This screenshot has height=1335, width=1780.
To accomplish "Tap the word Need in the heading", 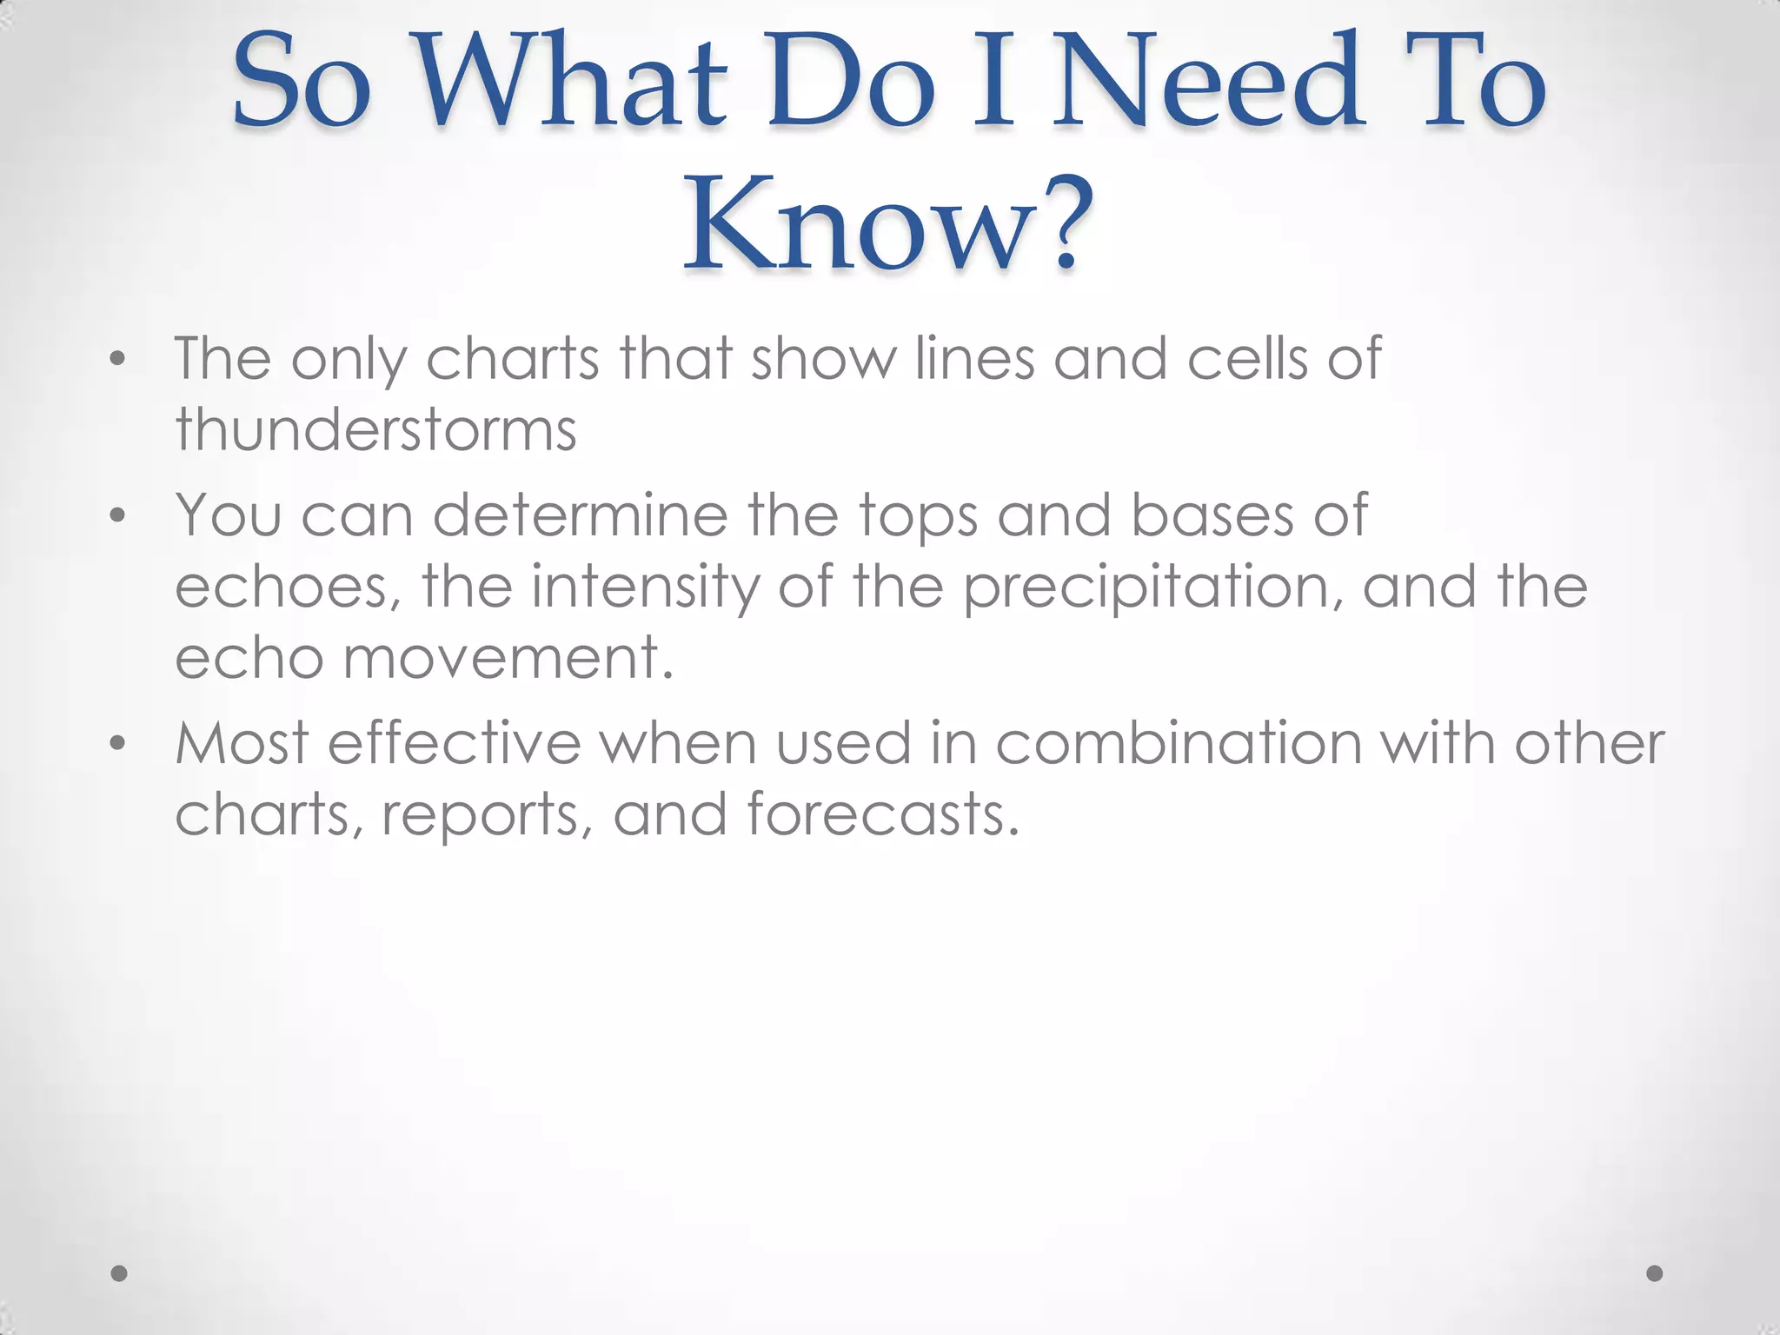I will pos(1208,80).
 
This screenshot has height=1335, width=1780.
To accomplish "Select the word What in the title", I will pos(575,80).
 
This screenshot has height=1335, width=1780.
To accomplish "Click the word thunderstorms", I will pos(375,429).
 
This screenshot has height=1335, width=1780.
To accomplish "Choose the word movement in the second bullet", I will pos(508,658).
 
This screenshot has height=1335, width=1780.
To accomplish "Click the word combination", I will pos(1178,744).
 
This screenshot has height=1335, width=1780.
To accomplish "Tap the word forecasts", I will pos(882,815).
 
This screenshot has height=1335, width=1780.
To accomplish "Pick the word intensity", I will pos(645,587).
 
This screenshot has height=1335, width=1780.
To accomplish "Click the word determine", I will pos(581,515).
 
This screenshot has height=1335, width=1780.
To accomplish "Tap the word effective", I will pos(454,744).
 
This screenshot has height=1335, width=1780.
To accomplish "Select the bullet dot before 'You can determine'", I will pos(118,516).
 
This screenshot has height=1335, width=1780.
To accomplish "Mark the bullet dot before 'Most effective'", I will pos(118,745).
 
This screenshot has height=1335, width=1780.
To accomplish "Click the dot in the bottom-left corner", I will pos(120,1273).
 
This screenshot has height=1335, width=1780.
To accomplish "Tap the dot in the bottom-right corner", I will pos(1655,1273).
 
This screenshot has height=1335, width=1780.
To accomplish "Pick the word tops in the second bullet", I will pos(918,517).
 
